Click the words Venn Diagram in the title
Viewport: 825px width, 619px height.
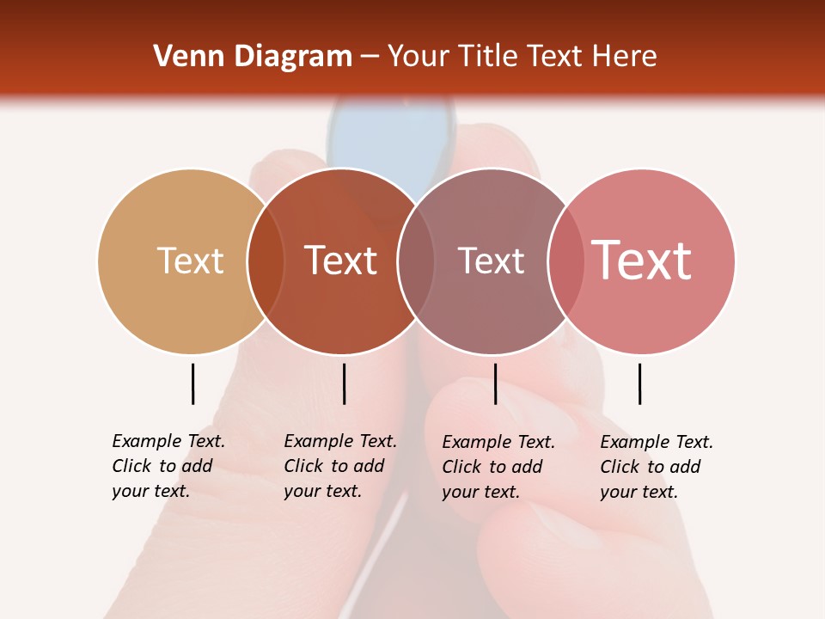(x=253, y=57)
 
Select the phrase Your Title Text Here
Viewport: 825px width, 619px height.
(x=522, y=57)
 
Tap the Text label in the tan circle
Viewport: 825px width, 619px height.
(x=190, y=260)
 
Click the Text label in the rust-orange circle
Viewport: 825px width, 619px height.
(x=341, y=260)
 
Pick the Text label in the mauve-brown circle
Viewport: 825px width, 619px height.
(x=491, y=260)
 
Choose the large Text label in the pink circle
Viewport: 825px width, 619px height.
(x=642, y=260)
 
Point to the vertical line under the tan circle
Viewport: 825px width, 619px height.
(x=192, y=383)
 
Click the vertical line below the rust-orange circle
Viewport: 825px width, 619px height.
(x=344, y=383)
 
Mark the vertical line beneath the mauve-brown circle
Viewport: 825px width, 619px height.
(x=495, y=383)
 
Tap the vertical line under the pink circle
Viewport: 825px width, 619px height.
(x=639, y=383)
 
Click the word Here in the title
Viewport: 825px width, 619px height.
(x=624, y=57)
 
